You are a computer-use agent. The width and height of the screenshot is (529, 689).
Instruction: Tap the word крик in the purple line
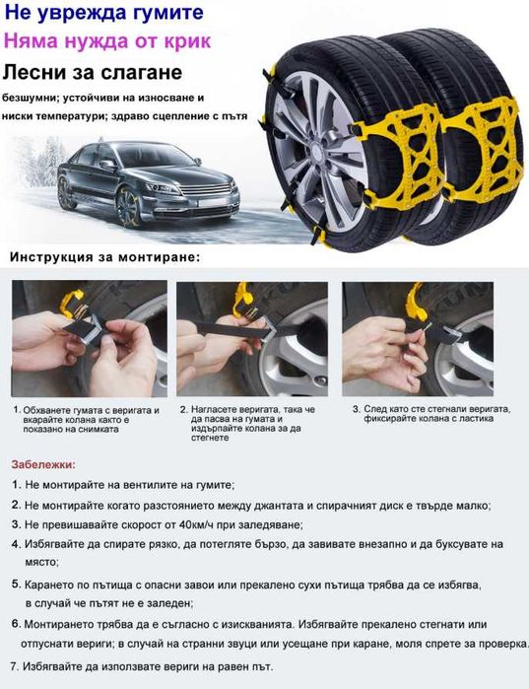(187, 41)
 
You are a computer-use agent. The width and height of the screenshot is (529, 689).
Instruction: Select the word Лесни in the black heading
(30, 72)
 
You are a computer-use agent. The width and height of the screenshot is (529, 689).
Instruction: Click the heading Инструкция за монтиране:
(104, 257)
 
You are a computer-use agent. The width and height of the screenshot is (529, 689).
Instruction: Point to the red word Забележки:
(43, 464)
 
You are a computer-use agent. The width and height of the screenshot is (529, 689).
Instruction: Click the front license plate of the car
(213, 203)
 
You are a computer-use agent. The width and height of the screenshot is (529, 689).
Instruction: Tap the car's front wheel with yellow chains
(129, 207)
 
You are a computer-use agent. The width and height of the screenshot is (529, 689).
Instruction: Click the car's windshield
(159, 155)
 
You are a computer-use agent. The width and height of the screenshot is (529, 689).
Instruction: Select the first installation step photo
(90, 339)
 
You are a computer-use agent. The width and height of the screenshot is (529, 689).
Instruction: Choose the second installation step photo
(252, 339)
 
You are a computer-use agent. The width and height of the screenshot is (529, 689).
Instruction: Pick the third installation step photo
(418, 339)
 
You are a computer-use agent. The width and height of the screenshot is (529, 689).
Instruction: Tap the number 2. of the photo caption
(184, 409)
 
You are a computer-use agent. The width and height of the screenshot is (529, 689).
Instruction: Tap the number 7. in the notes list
(15, 666)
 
